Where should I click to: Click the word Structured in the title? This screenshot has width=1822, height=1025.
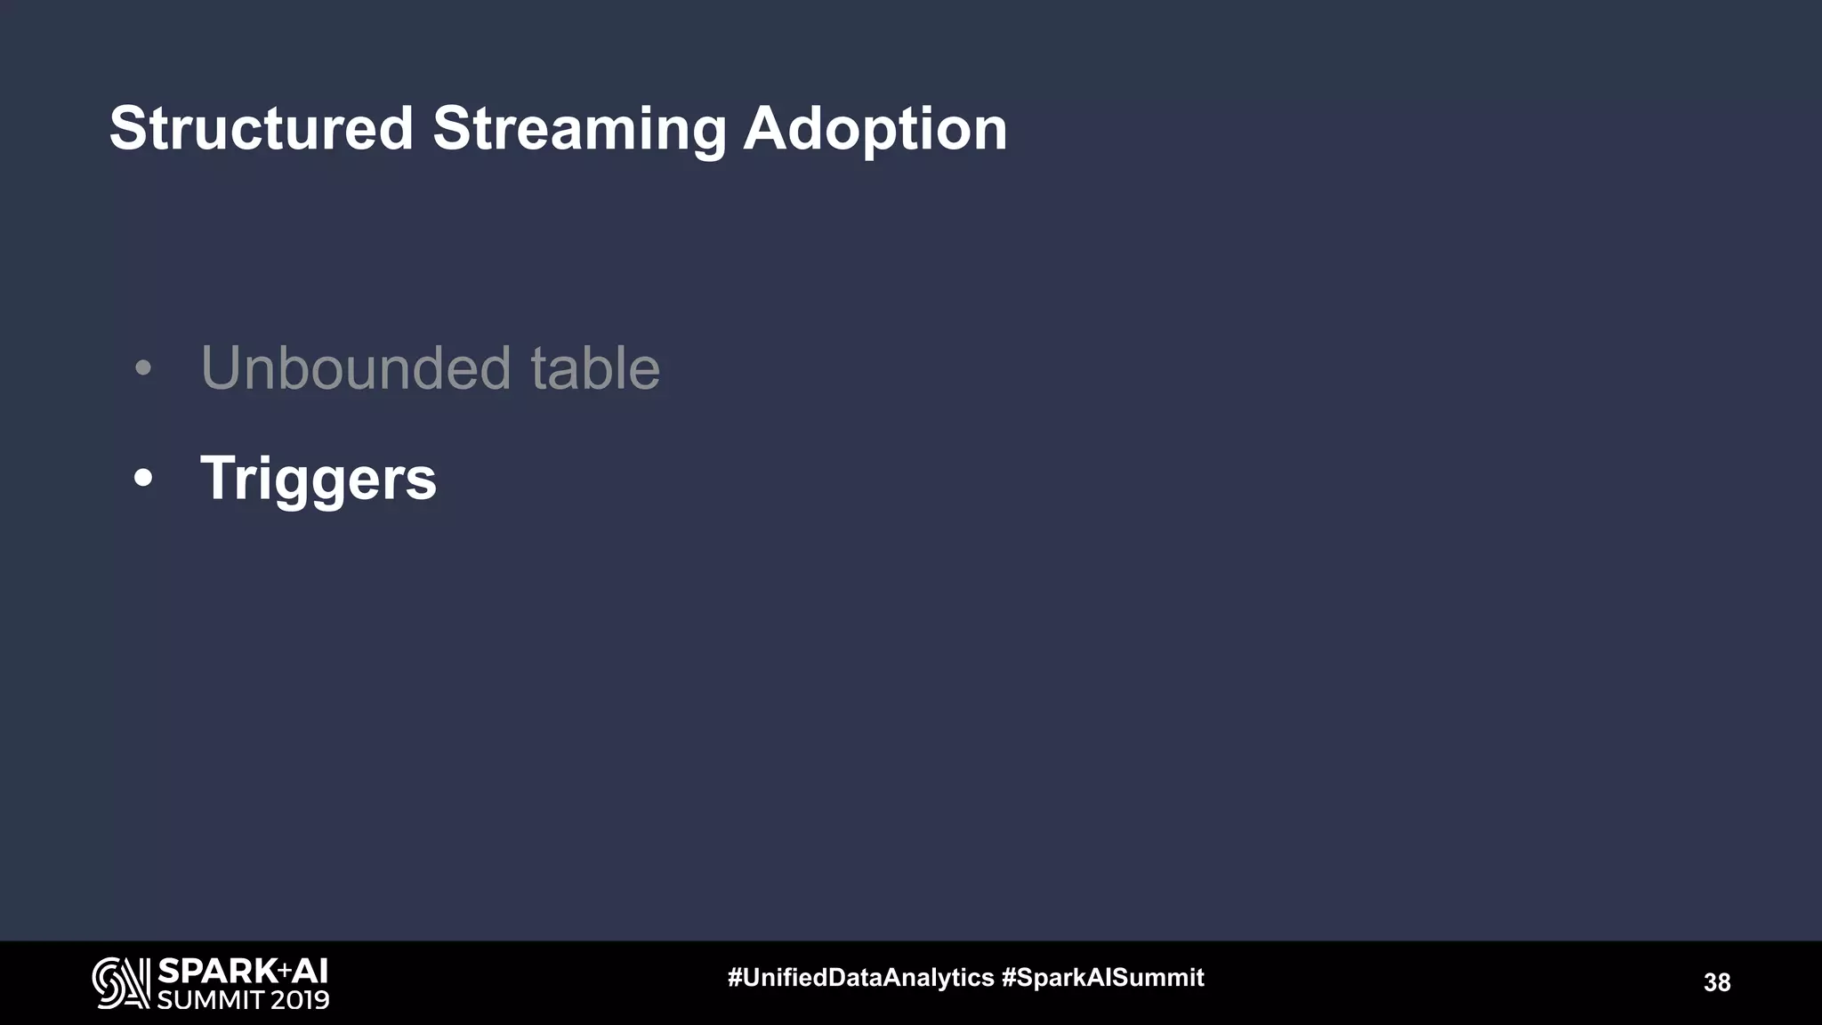pos(262,128)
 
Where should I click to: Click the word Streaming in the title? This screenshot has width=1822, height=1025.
pos(578,130)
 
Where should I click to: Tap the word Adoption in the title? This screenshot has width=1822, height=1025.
pos(875,130)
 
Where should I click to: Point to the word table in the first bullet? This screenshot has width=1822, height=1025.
pos(595,367)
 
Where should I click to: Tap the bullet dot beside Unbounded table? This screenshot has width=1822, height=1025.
pos(143,368)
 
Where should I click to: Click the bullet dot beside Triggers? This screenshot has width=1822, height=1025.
pos(143,479)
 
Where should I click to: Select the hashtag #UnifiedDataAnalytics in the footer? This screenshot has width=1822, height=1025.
pos(860,978)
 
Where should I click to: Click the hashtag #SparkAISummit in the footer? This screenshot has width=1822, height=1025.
pos(1102,978)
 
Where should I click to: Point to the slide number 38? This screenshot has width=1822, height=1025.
pos(1716,982)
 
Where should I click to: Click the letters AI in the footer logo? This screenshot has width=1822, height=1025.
pos(310,971)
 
